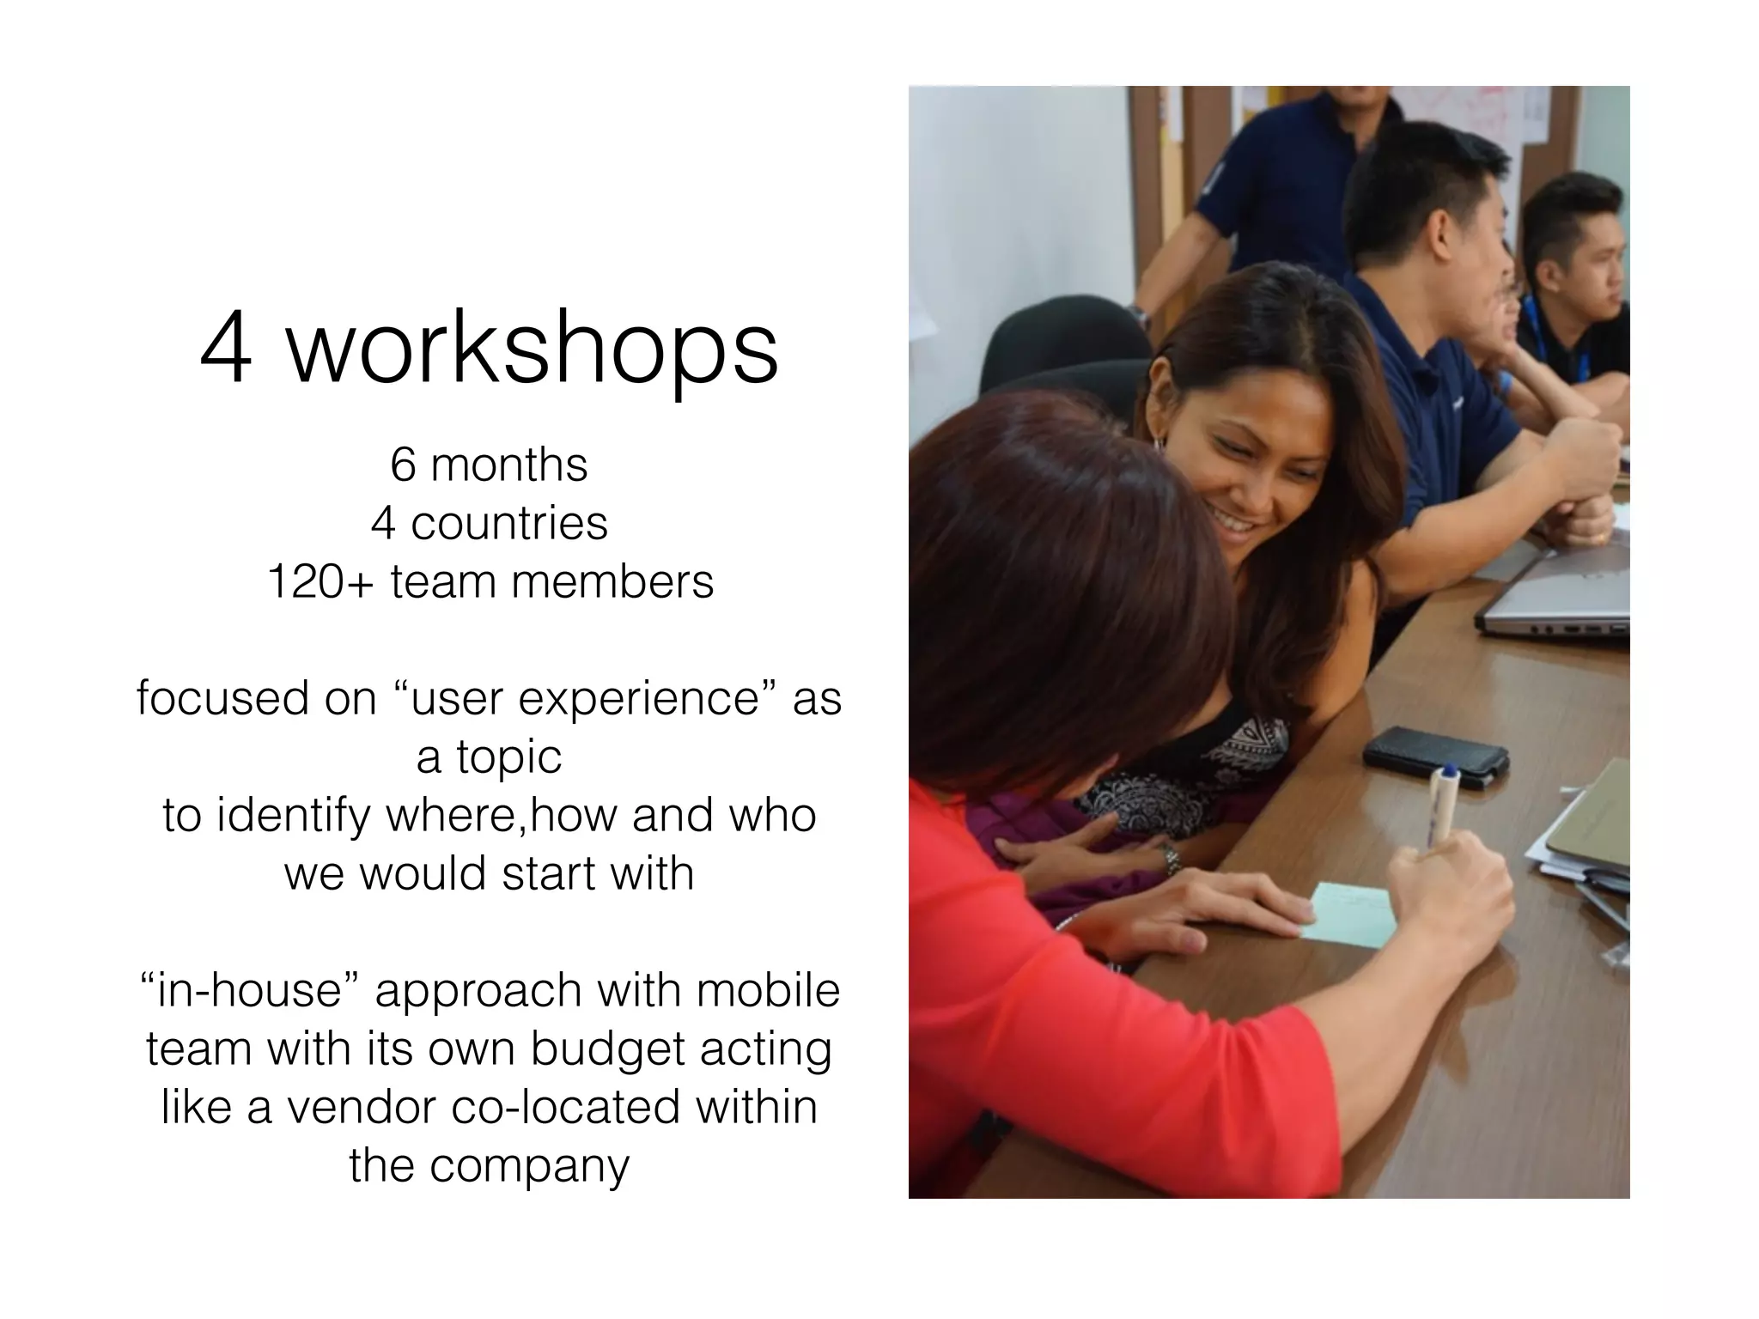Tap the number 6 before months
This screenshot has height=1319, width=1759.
point(402,465)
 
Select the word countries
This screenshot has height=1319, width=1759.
point(509,524)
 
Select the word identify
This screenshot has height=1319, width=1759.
point(292,816)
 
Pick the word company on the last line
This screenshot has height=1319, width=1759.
point(529,1166)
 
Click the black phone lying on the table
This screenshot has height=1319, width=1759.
point(1434,756)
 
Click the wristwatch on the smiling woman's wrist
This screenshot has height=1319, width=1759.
point(1171,859)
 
